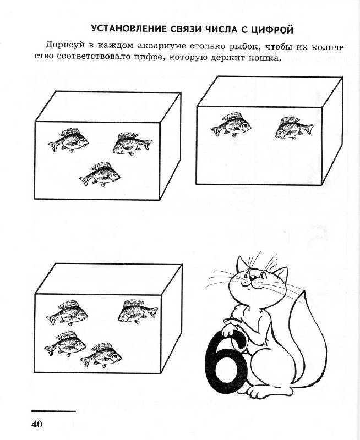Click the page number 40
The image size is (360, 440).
pyautogui.click(x=36, y=424)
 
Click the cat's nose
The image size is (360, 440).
pyautogui.click(x=253, y=278)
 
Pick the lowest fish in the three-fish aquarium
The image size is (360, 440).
pyautogui.click(x=100, y=174)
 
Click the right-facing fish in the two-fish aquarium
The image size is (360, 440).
pyautogui.click(x=231, y=125)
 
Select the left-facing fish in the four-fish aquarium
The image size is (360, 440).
pyautogui.click(x=138, y=311)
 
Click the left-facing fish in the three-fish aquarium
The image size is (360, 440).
pyautogui.click(x=132, y=144)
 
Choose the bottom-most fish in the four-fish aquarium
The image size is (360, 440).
pyautogui.click(x=101, y=355)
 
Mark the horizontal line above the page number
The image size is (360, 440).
pyautogui.click(x=53, y=411)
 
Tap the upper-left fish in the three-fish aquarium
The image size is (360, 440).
pyautogui.click(x=69, y=140)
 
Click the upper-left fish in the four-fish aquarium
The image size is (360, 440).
pyautogui.click(x=67, y=313)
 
